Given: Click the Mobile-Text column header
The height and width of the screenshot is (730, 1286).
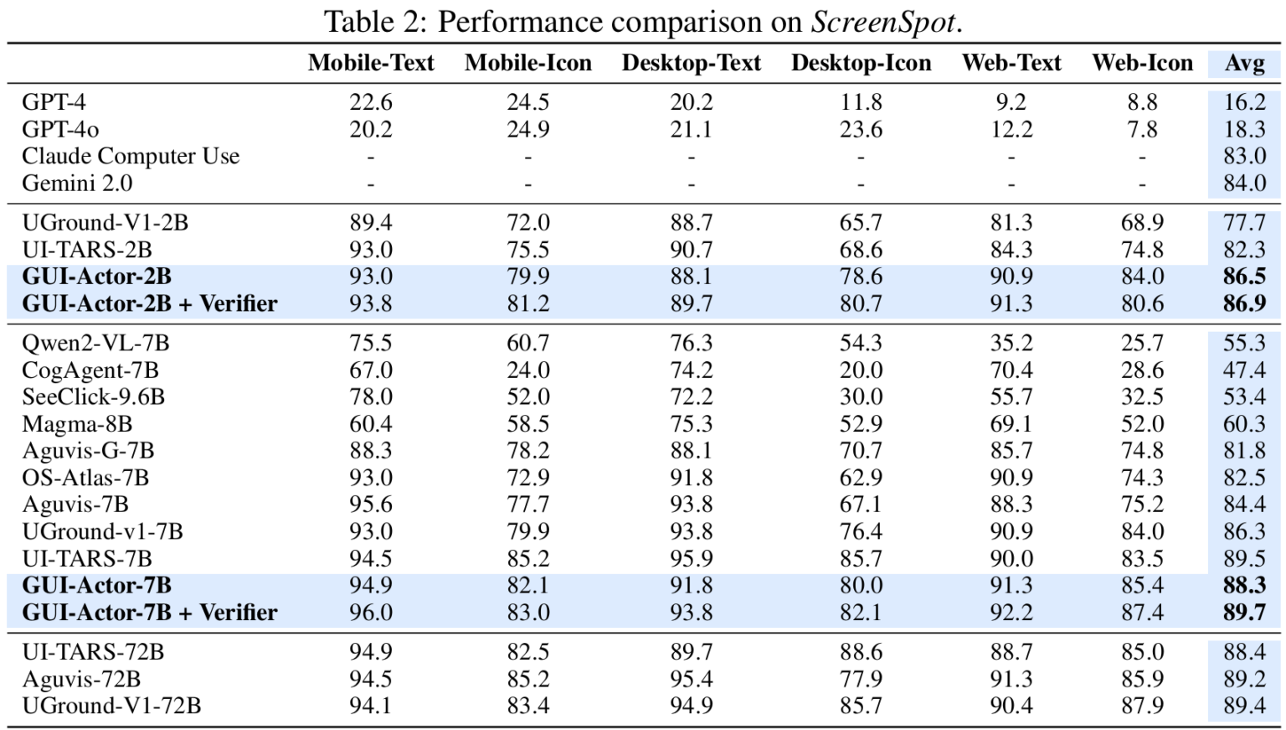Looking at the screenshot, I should coord(371,63).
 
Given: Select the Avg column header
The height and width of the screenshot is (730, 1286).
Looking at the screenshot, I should coord(1244,63).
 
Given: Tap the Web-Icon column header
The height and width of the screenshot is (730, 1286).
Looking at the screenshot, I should coord(1142,63).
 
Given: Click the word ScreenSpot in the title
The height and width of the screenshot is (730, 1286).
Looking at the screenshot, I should coord(882,22).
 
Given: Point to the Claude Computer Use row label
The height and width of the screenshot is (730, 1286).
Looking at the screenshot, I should coord(131,157).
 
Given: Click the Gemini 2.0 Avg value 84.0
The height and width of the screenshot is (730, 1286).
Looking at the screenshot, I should coord(1244,184).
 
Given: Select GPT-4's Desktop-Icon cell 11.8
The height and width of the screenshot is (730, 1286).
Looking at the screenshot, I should coord(861,102).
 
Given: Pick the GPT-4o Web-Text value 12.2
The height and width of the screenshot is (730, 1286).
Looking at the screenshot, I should coord(1011,130).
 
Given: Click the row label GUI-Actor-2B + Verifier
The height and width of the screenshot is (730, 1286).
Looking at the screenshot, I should coord(149,303).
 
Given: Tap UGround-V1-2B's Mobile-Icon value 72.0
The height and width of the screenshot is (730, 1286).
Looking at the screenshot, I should coord(527,223).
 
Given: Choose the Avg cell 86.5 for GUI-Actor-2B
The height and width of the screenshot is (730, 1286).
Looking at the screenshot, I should coord(1244,277).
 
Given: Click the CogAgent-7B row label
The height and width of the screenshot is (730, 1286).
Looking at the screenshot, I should coord(90,370).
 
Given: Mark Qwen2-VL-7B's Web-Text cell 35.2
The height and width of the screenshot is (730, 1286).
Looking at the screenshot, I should coord(1011,344).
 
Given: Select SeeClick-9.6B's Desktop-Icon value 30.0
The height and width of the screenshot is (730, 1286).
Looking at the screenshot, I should coord(861,397).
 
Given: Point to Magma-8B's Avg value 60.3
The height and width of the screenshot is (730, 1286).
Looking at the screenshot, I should coord(1244,424).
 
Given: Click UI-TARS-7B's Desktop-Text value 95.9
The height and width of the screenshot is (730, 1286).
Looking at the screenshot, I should coord(691,558).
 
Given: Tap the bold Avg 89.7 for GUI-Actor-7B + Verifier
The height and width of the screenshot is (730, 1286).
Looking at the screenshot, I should coord(1244,613).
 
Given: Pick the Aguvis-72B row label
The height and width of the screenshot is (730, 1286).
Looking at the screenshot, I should coord(81,679).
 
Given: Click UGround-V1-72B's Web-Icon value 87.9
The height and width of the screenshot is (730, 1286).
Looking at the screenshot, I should coord(1142,706).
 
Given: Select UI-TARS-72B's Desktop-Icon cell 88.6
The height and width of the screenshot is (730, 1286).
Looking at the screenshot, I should coord(861,652).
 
